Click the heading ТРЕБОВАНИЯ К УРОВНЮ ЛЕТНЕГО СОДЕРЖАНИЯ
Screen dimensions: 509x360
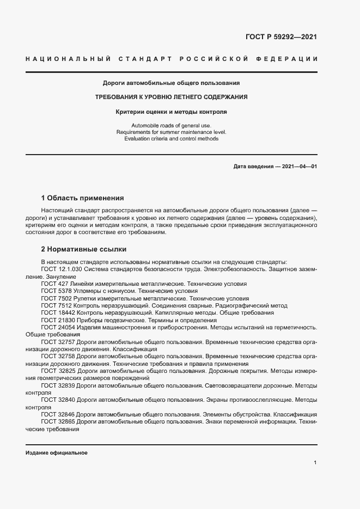[172, 97]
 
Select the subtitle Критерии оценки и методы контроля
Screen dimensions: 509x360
[171, 112]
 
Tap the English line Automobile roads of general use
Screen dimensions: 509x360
[171, 126]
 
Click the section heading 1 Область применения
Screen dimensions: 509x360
[83, 198]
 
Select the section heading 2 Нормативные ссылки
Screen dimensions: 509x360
[84, 249]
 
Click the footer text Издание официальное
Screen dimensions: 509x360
[56, 453]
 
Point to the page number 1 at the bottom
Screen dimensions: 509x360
[315, 462]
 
